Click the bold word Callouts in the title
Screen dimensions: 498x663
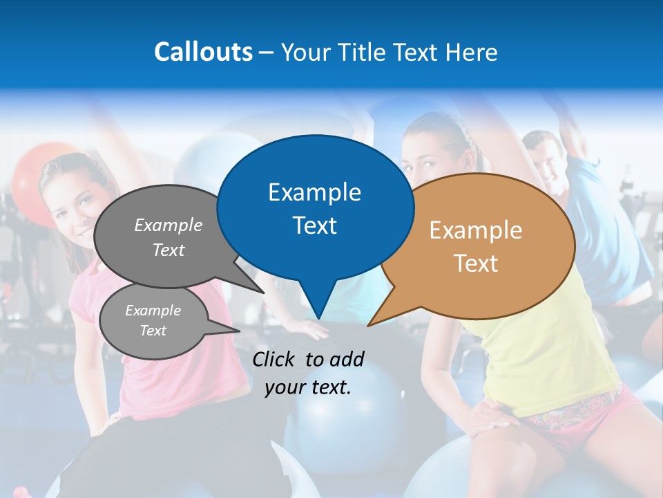(203, 52)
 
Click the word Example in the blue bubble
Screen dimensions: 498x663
(314, 192)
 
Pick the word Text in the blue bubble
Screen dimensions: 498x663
(314, 225)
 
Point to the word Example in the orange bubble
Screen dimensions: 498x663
(476, 230)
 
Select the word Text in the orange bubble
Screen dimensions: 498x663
(476, 264)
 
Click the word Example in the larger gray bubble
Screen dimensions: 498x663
(169, 225)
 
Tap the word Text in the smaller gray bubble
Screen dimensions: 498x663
(153, 331)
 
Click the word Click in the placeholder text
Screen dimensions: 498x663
(276, 358)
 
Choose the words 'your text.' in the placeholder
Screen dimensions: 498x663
(308, 387)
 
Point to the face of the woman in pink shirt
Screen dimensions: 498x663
(73, 201)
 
